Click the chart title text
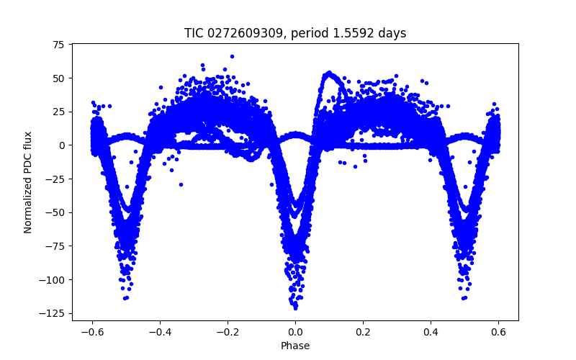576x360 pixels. click(295, 33)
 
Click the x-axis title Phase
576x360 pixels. click(295, 346)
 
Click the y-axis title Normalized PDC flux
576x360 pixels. click(28, 182)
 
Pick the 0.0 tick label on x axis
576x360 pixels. click(295, 331)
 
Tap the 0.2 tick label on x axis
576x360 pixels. click(363, 331)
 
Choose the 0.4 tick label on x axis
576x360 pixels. click(431, 331)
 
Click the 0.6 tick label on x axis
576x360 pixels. click(498, 331)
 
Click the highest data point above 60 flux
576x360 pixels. click(232, 56)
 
